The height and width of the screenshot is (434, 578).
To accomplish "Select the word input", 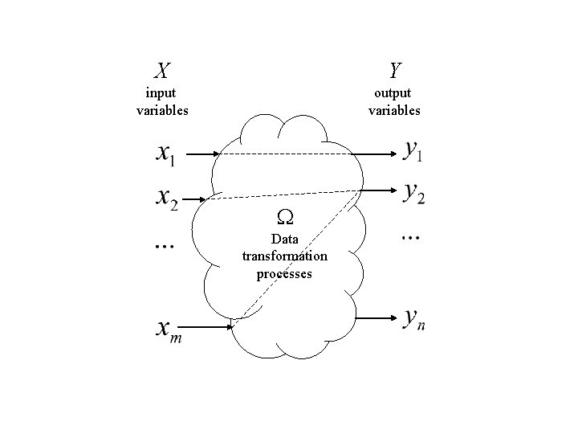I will click(x=161, y=94).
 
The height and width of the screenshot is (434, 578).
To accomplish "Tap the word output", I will click(x=394, y=94).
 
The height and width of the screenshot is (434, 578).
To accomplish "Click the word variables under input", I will click(x=162, y=110).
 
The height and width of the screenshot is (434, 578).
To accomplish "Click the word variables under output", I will click(x=394, y=110).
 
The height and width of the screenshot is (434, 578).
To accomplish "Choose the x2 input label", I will click(x=165, y=197).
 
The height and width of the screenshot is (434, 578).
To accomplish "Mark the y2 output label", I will click(x=414, y=193).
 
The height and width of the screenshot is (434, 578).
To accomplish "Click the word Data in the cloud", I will click(x=284, y=239).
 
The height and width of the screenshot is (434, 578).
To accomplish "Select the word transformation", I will click(x=284, y=256).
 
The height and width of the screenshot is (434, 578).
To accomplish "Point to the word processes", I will click(x=284, y=273).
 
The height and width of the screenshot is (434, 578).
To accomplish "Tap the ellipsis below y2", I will click(x=411, y=236).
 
